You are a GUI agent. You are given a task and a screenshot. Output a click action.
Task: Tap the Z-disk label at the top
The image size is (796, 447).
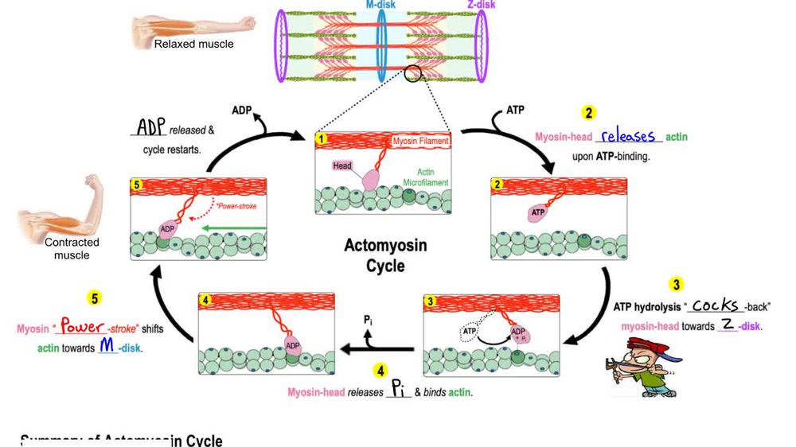[x=481, y=6]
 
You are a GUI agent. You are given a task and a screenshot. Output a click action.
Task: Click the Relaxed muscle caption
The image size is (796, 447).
[x=193, y=44]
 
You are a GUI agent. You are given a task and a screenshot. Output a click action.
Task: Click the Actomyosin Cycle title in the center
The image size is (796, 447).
[x=385, y=255]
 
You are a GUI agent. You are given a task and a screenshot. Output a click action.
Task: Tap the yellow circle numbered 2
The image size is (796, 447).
[x=589, y=113]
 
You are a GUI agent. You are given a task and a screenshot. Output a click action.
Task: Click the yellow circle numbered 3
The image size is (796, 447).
[x=676, y=284]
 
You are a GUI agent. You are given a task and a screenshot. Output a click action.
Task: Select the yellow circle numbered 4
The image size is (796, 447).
[x=380, y=371]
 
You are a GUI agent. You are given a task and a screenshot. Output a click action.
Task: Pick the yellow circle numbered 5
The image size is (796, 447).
[x=94, y=298]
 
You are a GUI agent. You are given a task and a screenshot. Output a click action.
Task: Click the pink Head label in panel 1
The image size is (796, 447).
[x=342, y=165]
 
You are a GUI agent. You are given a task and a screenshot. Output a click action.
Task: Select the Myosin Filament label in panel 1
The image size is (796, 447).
[x=420, y=141]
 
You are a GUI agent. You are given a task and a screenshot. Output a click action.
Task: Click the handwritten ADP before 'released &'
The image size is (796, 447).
[x=150, y=128]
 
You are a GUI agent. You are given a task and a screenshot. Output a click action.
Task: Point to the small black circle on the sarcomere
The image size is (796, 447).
[x=413, y=74]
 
